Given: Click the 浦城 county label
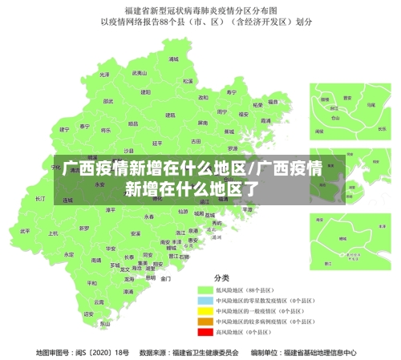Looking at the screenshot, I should click(173, 59).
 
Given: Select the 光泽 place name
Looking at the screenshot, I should click(103, 75).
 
